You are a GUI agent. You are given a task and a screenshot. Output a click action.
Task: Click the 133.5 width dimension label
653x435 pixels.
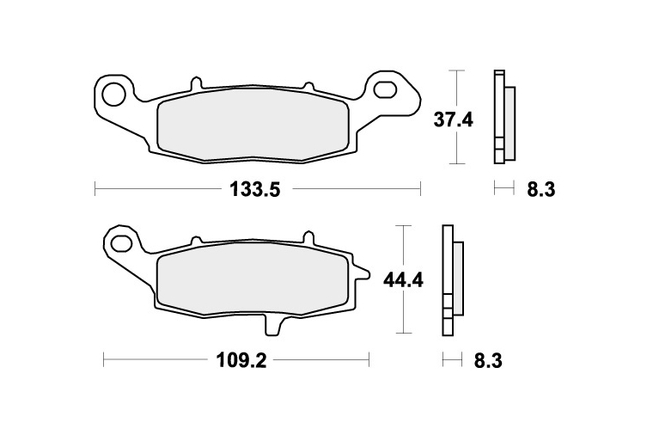pos(255,190)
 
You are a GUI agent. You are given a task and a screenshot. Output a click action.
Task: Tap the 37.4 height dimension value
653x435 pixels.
pos(454,120)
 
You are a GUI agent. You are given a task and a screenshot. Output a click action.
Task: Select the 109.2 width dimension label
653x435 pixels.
pos(241,360)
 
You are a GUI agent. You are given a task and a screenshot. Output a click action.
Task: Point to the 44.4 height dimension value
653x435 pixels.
pos(404,280)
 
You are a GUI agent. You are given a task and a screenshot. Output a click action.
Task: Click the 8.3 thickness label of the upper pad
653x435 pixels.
pos(541,190)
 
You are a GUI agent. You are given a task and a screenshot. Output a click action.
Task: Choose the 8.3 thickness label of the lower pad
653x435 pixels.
pos(488,360)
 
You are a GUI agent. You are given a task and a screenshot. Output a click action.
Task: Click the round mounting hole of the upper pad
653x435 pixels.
pos(114,94)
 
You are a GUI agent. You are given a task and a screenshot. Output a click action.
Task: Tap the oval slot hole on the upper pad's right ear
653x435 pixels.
pos(384,90)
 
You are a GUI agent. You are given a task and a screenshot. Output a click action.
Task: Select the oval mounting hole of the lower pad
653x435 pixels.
pos(120,242)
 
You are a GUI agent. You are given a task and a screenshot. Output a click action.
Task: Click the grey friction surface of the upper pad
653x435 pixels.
pos(253,125)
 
